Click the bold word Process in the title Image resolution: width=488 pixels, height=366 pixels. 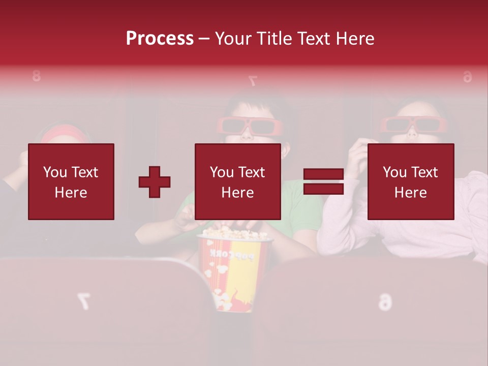160,39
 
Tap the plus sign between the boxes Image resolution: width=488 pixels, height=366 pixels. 155,182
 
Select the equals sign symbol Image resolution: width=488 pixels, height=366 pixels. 323,182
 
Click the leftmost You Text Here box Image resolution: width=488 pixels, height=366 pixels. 71,181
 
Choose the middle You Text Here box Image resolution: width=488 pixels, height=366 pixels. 237,181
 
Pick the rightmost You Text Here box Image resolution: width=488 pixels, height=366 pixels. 410,181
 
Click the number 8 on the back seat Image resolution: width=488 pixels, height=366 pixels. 36,77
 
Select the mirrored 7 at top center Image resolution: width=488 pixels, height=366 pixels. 252,80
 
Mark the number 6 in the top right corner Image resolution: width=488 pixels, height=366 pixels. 467,77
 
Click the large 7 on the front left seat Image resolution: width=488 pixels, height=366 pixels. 83,301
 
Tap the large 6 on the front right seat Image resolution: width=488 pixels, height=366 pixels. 385,302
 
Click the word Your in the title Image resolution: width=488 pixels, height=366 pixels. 232,39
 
